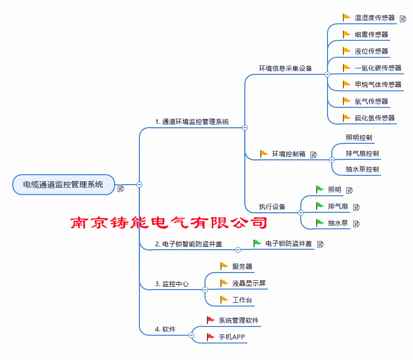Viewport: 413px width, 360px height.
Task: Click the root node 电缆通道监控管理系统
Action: pyautogui.click(x=64, y=185)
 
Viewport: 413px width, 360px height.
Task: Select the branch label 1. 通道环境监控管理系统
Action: pyautogui.click(x=192, y=121)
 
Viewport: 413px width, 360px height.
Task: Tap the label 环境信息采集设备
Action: pyautogui.click(x=286, y=69)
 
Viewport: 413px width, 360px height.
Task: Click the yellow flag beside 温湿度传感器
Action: pyautogui.click(x=346, y=17)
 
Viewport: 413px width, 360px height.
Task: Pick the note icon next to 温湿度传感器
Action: pyautogui.click(x=403, y=18)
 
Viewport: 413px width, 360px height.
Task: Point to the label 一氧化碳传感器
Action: pyautogui.click(x=378, y=68)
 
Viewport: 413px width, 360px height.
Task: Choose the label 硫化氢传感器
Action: pyautogui.click(x=375, y=118)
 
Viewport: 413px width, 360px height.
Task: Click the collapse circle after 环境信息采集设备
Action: pyautogui.click(x=327, y=74)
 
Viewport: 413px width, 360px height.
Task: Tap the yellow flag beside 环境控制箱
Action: pyautogui.click(x=264, y=154)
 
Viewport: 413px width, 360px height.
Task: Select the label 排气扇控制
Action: pyautogui.click(x=362, y=154)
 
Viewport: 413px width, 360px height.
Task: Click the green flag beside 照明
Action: pyautogui.click(x=320, y=189)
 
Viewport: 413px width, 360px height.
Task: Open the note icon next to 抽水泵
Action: pyautogui.click(x=356, y=224)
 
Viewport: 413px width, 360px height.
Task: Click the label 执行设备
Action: pyautogui.click(x=272, y=207)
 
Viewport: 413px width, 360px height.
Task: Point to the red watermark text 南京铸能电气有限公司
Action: pyautogui.click(x=169, y=223)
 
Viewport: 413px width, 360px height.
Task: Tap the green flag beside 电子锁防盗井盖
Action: pyautogui.click(x=257, y=243)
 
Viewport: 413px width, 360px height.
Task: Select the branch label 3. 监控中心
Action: pyautogui.click(x=172, y=284)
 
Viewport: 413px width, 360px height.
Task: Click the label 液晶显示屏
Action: pyautogui.click(x=249, y=283)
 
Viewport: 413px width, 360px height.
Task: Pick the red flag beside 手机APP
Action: pyautogui.click(x=211, y=337)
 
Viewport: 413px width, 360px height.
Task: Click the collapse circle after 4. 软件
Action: pyautogui.click(x=191, y=335)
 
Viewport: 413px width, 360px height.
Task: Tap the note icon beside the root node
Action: pyautogui.click(x=120, y=189)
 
